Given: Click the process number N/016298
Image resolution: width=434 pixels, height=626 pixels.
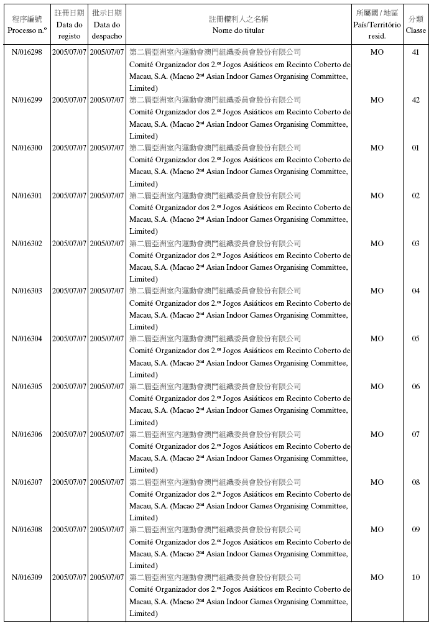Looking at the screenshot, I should pos(27,52).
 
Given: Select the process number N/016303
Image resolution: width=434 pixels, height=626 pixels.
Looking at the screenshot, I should pos(27,291).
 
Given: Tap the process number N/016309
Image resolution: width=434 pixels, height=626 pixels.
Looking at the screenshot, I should pos(27,578).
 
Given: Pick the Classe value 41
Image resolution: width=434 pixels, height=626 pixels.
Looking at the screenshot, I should pos(415,52).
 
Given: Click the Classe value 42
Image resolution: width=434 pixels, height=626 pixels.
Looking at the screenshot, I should pos(415,100).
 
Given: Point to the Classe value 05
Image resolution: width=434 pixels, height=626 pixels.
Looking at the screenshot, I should pos(415,339).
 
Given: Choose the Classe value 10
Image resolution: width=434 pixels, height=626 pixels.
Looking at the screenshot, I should pos(415,578).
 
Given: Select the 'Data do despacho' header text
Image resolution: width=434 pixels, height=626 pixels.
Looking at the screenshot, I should pos(107,30).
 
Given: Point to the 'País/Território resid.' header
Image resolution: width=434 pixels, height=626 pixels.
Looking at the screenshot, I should pos(377,30).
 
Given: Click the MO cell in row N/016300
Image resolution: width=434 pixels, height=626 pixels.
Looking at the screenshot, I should pos(377,148).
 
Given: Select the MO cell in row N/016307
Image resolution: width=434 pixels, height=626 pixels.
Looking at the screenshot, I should pos(377,482).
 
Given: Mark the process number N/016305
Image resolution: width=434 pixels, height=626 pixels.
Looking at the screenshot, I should pos(27,387).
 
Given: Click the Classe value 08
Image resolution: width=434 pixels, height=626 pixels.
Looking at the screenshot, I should pos(415,482).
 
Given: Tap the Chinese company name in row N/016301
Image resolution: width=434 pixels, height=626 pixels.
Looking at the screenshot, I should pos(215,196).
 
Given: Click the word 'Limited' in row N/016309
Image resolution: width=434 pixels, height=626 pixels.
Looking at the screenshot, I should pos(143,614).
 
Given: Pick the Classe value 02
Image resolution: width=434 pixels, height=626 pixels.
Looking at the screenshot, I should pos(415,196).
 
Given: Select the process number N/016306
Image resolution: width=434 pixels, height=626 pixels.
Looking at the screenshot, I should pos(27,435).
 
